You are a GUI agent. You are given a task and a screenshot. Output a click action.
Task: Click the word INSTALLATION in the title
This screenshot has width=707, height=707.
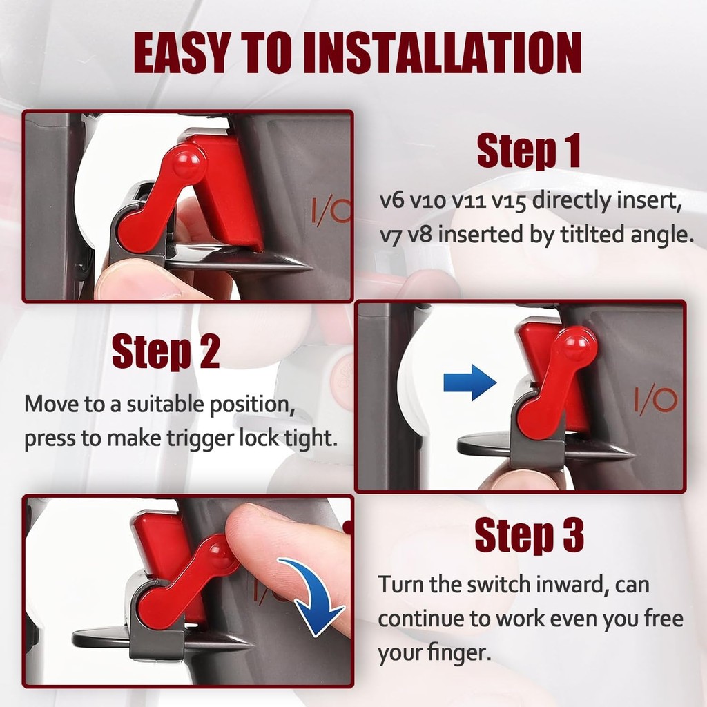coord(443,52)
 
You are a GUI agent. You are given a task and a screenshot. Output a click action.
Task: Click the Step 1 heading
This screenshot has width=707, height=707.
coord(528,151)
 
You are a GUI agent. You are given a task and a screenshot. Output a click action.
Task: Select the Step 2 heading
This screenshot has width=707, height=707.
coord(166,351)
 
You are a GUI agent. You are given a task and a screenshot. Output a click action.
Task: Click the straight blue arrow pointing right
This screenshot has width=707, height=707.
coord(469,382)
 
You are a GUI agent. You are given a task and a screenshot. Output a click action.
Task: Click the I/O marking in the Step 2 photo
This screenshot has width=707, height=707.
coord(656,400)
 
